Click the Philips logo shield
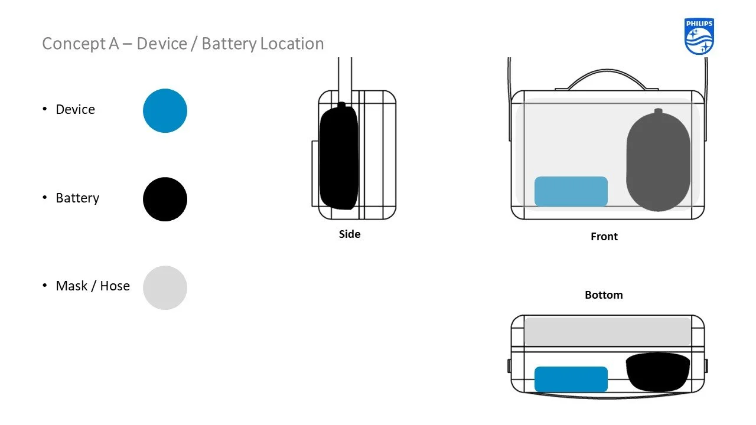coord(699,37)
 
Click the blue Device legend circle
coord(165,110)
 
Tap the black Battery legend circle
coord(165,199)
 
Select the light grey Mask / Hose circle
coord(165,287)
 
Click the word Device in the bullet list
coord(75,109)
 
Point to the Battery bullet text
coord(77,198)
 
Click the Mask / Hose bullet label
coord(93,286)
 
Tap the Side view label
coord(350,234)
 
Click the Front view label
coord(604,236)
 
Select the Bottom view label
coord(604,295)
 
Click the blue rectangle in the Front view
coord(571,191)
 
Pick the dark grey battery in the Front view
coord(657,162)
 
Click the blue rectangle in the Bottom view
coord(571,379)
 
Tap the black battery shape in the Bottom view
coord(657,371)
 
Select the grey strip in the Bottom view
coord(607,331)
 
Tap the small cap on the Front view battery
coord(658,112)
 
